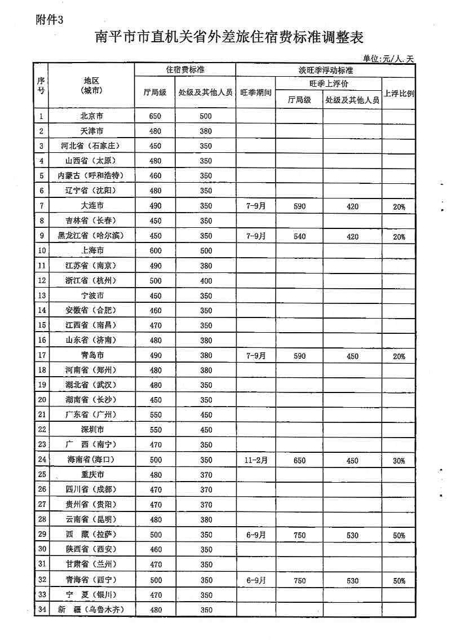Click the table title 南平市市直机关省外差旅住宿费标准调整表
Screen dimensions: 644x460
(229, 38)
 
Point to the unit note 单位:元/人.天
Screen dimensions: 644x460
(388, 58)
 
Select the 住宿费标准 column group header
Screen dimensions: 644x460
(185, 70)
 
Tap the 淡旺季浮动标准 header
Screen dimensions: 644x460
(325, 70)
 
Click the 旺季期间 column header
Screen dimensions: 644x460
(256, 92)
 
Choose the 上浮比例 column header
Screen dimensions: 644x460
(399, 93)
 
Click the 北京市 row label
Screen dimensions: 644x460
(92, 116)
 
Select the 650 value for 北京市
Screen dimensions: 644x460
(156, 116)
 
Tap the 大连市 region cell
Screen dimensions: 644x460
(92, 206)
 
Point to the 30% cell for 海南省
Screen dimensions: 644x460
(399, 460)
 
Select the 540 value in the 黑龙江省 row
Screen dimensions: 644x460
(299, 236)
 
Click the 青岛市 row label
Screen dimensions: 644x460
(92, 355)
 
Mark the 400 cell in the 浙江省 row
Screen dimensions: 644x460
(206, 280)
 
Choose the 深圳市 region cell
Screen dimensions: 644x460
(92, 430)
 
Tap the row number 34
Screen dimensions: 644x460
(41, 609)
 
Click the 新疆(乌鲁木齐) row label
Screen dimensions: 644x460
(91, 609)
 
